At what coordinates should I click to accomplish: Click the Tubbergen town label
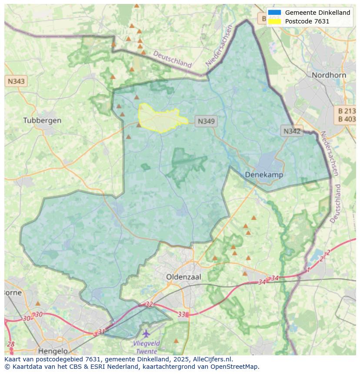(42, 120)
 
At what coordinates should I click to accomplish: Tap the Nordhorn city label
(329, 75)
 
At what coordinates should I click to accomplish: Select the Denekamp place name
(264, 175)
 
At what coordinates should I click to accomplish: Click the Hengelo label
(53, 351)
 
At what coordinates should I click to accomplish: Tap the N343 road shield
(16, 81)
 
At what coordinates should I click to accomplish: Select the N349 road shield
(206, 122)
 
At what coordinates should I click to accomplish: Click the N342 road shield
(292, 131)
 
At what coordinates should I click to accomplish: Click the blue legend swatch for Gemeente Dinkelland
(274, 13)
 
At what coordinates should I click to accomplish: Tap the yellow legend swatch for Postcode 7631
(274, 21)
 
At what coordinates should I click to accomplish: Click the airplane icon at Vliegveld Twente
(146, 334)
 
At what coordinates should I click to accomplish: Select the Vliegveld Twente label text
(146, 347)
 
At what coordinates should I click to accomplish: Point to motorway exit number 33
(181, 314)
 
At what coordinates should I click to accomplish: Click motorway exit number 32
(149, 304)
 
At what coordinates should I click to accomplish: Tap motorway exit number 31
(101, 332)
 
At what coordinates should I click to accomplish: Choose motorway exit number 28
(11, 344)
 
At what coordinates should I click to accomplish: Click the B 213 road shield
(347, 111)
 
